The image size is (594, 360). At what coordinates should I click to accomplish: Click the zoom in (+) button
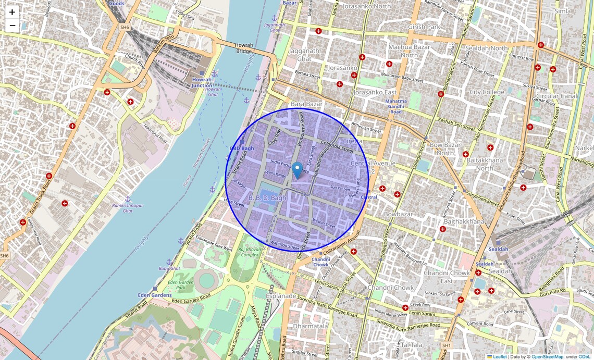12,12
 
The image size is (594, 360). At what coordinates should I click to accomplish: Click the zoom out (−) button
12,26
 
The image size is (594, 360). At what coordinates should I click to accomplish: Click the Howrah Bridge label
243,48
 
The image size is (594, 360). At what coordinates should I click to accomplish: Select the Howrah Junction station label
202,82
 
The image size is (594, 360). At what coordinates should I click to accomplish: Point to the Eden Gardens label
155,295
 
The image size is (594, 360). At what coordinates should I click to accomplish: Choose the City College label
487,92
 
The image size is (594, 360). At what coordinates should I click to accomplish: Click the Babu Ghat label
169,268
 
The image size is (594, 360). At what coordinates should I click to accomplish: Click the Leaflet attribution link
500,356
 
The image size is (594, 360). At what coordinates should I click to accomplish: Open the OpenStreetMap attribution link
547,356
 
